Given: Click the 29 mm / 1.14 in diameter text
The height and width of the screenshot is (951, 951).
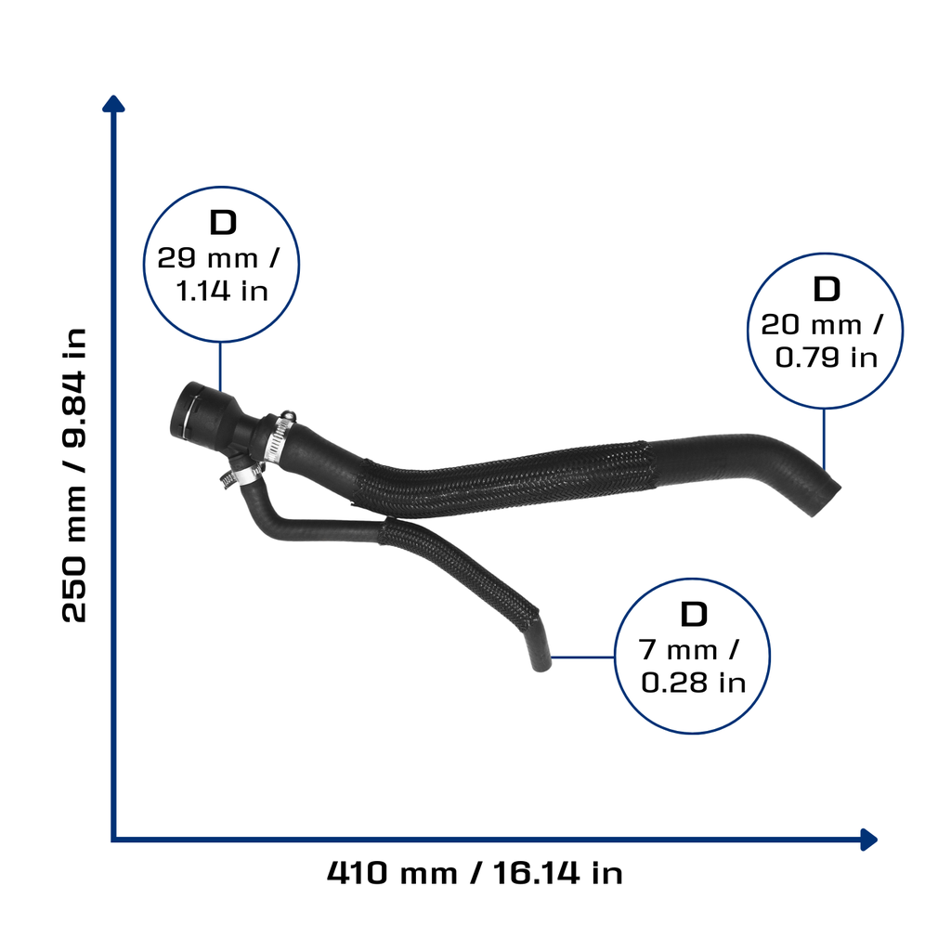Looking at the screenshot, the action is coord(220,274).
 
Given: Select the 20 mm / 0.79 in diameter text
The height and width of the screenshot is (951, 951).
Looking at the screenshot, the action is coord(825,341).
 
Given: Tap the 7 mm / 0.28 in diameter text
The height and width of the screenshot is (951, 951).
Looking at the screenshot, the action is coord(692,667).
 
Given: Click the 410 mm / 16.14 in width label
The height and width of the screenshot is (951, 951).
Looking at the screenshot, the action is coord(475,873).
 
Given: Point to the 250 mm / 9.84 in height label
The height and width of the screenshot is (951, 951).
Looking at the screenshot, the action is coord(74,475).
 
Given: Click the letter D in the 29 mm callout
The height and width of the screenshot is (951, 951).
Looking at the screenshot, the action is coord(223,223).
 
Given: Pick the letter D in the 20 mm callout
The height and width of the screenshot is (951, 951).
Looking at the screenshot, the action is coord(826,290).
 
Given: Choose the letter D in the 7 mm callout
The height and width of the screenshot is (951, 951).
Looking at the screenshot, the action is coord(694,615).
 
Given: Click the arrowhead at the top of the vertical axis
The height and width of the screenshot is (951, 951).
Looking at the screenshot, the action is coord(113,104).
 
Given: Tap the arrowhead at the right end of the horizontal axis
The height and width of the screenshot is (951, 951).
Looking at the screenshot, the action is coord(868,840).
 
